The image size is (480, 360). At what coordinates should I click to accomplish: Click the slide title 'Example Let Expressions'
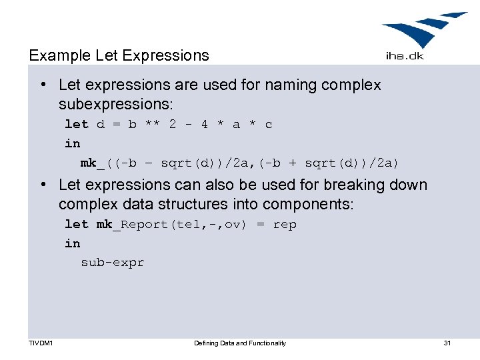(119, 55)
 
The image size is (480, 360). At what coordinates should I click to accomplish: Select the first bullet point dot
(43, 85)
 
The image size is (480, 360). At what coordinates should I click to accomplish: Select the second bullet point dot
(43, 185)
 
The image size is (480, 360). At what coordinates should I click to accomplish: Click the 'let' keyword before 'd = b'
(76, 124)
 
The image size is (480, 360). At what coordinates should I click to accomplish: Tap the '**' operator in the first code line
(153, 124)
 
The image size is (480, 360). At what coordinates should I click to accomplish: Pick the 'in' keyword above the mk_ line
(72, 143)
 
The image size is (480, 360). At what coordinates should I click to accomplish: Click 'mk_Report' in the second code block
(133, 225)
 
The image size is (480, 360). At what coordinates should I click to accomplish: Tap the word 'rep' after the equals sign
(285, 225)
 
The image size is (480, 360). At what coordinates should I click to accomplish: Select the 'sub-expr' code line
(112, 263)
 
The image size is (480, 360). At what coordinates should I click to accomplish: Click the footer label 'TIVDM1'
(41, 343)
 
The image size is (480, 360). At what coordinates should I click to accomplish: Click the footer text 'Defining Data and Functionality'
(240, 343)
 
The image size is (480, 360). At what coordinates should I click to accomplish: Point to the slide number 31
(447, 343)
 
